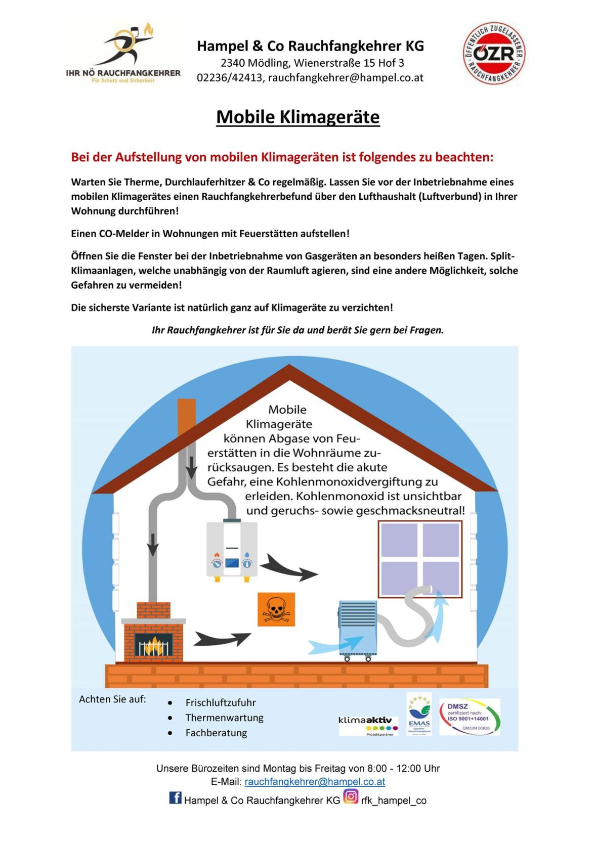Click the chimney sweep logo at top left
(x=123, y=53)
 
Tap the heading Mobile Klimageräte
(x=297, y=117)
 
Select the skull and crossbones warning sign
(x=276, y=608)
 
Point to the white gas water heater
(x=232, y=550)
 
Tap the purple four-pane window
(x=420, y=560)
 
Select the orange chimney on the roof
(x=187, y=417)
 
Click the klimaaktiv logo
(x=368, y=724)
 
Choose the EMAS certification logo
(x=419, y=714)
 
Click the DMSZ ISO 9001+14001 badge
(x=469, y=717)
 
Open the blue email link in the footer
(x=315, y=782)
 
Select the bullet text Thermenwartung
(x=224, y=718)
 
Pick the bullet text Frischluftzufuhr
(x=220, y=702)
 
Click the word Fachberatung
(x=216, y=733)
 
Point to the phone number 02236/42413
(x=230, y=77)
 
